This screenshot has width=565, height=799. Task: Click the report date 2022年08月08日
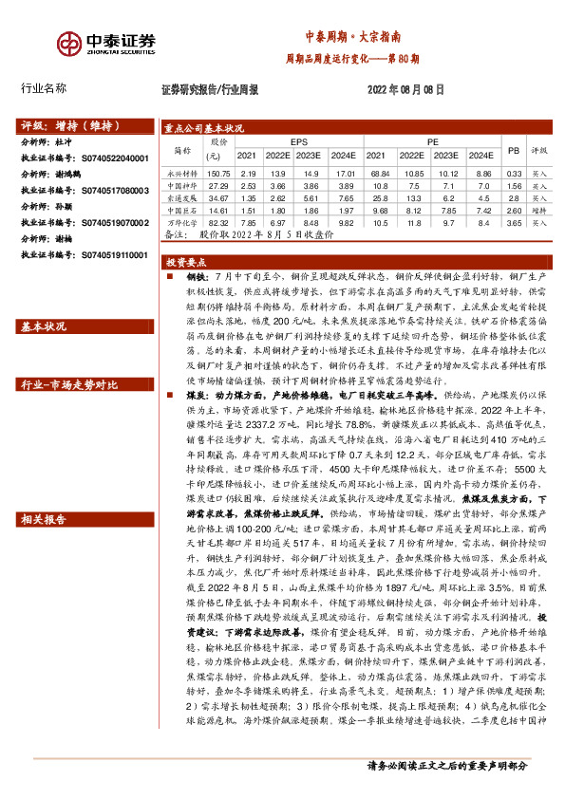coord(404,89)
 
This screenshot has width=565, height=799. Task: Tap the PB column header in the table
coord(514,149)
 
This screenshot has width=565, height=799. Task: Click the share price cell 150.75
coord(219,174)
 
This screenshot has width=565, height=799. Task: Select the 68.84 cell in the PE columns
coord(380,174)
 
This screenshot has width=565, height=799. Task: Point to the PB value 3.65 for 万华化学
coord(514,222)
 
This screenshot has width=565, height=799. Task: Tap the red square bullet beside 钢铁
coord(168,275)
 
